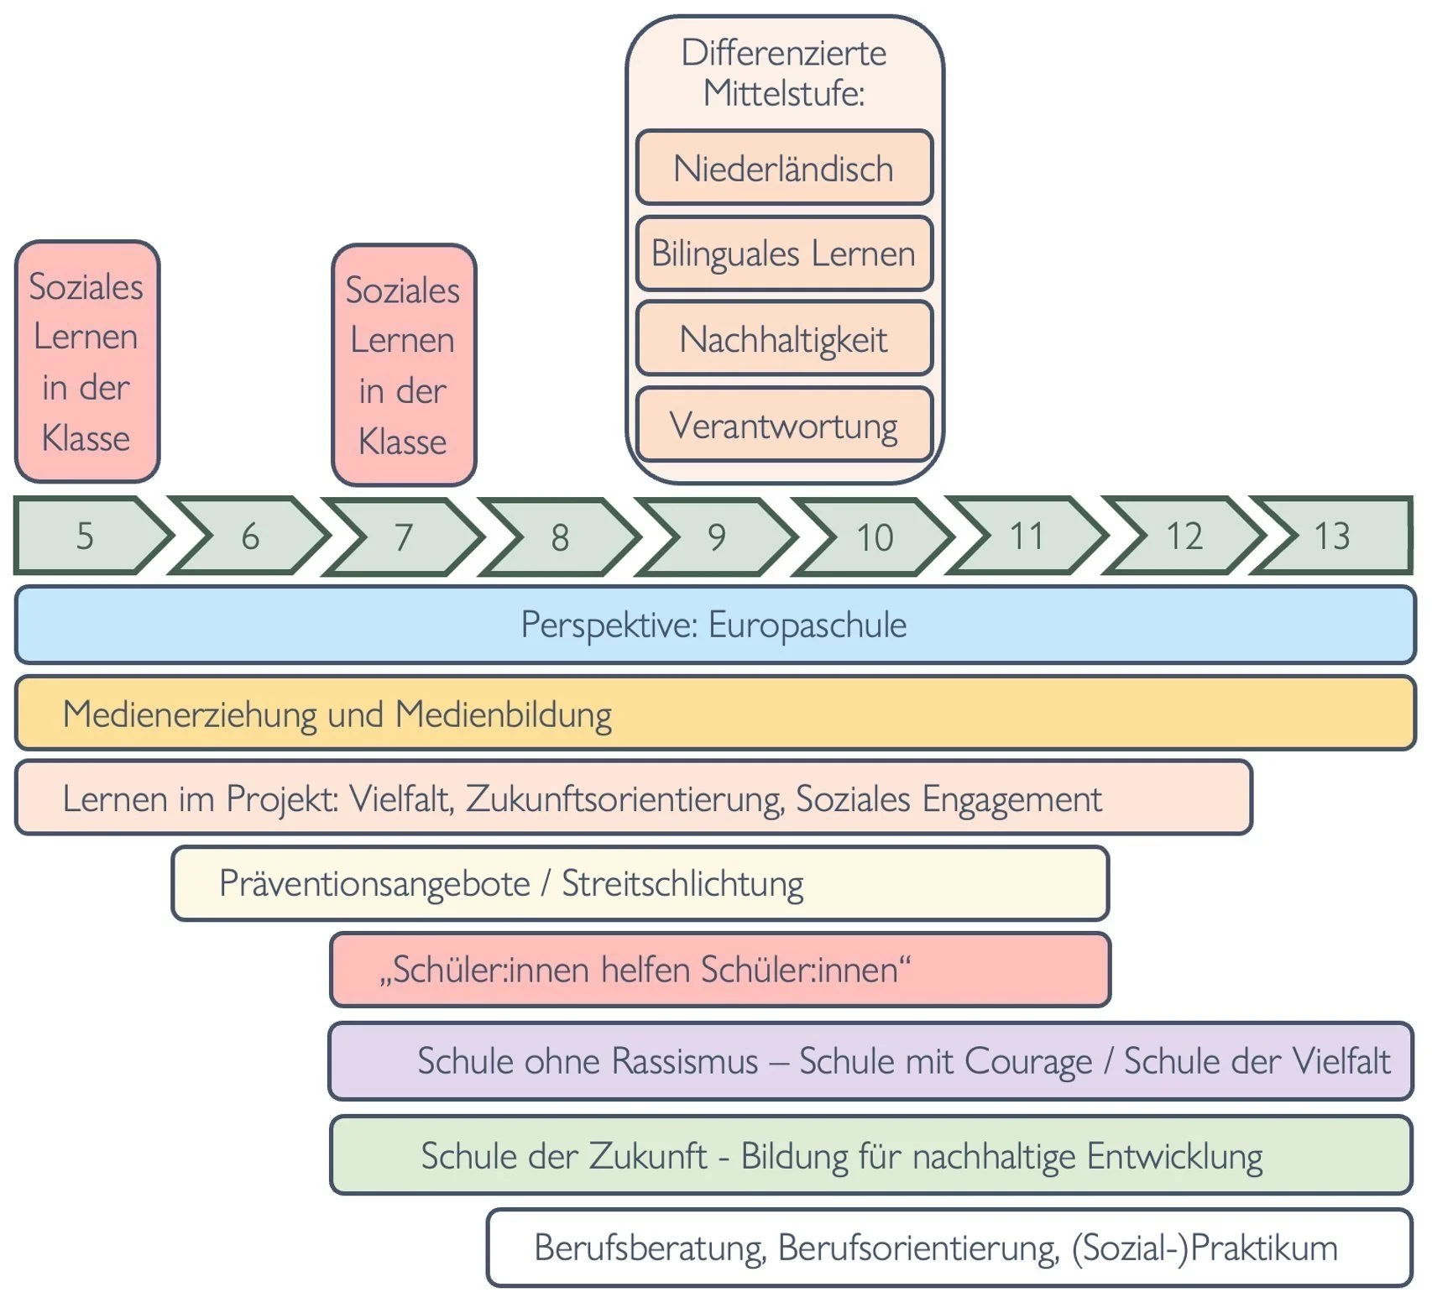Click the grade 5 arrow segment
(x=84, y=536)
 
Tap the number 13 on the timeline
(x=1331, y=536)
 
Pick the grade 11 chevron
(x=1026, y=536)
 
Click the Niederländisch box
(x=783, y=168)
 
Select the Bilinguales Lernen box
(x=783, y=253)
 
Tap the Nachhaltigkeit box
(x=783, y=339)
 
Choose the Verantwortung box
(x=783, y=425)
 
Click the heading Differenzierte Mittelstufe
(x=783, y=72)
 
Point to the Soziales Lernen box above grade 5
(x=86, y=362)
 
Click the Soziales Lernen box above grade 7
(x=403, y=365)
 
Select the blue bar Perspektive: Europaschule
(x=713, y=625)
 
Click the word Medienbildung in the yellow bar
(x=503, y=714)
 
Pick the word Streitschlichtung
(x=682, y=883)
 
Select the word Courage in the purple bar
(x=1028, y=1061)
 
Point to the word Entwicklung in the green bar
(x=1174, y=1156)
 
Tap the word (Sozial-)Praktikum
(x=1205, y=1248)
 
